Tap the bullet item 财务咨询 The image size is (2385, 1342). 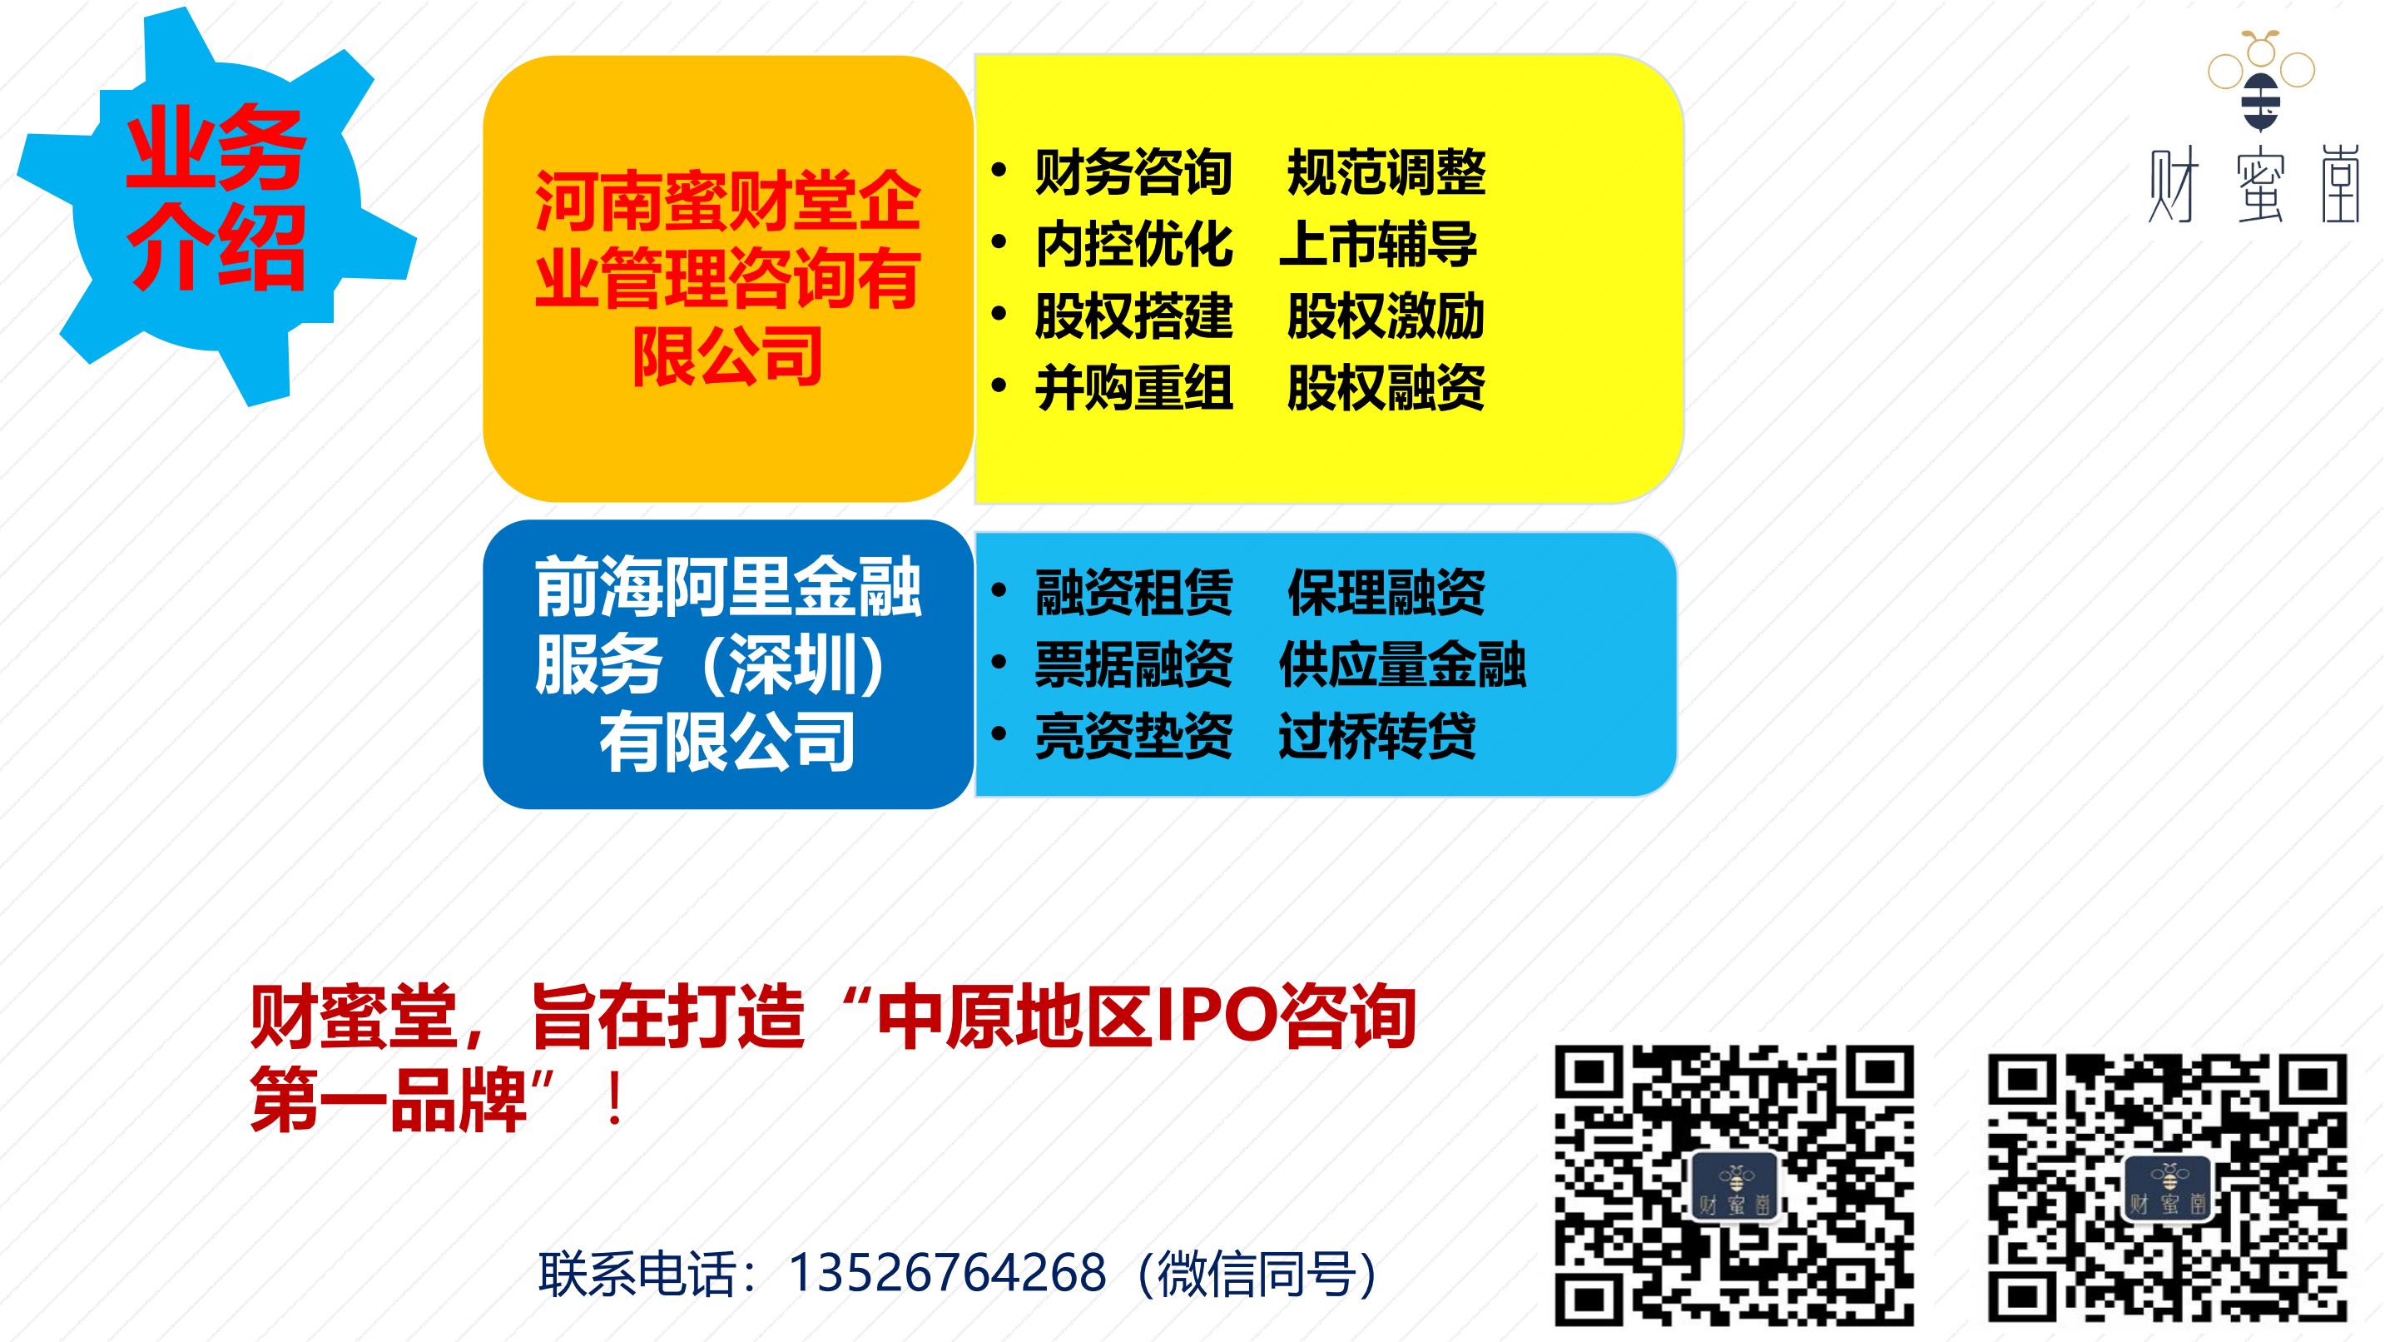[x=1133, y=172]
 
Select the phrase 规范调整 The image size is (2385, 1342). [x=1386, y=172]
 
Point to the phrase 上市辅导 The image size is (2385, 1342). [x=1379, y=245]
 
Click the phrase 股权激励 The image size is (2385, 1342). [x=1386, y=316]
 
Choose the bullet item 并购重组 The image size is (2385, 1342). [x=1133, y=388]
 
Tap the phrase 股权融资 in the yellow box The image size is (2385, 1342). [x=1386, y=388]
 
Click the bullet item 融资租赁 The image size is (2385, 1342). [x=1133, y=593]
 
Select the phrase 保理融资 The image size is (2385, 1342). [x=1386, y=593]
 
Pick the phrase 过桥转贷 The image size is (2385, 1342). [x=1378, y=736]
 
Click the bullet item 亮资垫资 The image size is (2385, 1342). [x=1133, y=736]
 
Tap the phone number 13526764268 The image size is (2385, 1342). [x=947, y=1273]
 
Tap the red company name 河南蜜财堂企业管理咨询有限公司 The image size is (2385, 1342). [x=727, y=279]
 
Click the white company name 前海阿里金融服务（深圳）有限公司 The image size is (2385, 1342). [x=727, y=664]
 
